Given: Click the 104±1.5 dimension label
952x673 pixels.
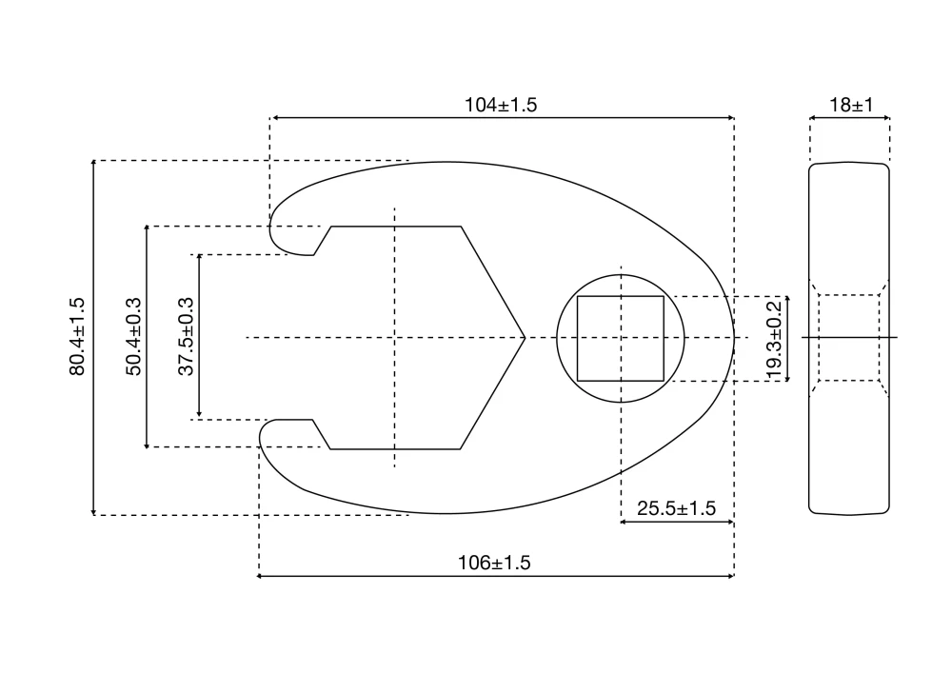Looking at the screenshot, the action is coord(501,105).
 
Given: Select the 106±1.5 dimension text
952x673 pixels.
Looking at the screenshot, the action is coord(494,563).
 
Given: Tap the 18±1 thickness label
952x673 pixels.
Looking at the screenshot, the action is coord(851,105).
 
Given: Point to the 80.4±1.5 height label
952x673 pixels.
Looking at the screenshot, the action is coord(77,337).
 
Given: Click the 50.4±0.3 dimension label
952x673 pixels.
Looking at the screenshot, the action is coord(133,337).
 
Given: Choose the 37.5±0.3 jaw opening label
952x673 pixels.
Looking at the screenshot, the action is coord(186,337).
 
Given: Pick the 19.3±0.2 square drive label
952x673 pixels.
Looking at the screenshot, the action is coord(773,341).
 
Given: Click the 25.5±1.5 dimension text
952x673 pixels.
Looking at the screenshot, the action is coord(676,508).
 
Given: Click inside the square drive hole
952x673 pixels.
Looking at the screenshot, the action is coord(621,339).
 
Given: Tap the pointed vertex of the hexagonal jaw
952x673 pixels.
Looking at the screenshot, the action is coord(525,337).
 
